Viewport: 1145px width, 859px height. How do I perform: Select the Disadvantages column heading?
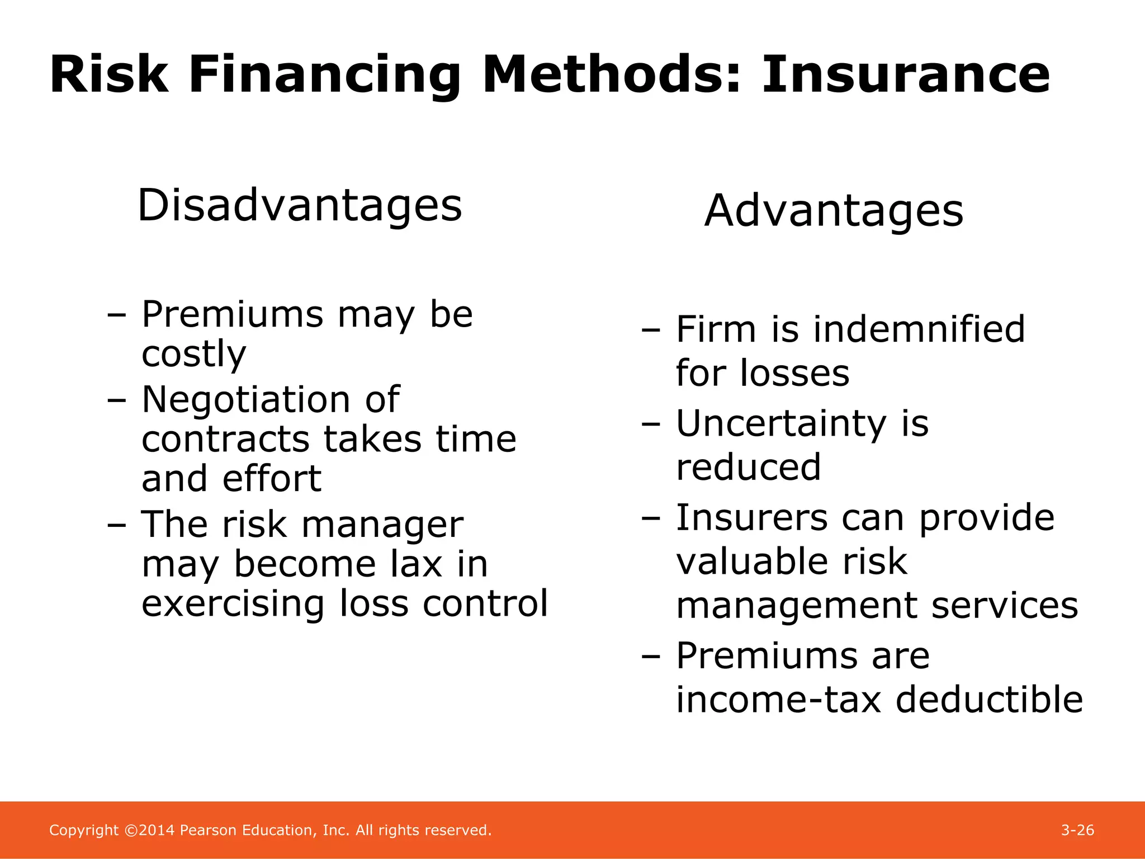(300, 205)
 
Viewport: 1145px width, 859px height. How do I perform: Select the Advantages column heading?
(834, 211)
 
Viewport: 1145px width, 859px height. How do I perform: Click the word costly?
(193, 354)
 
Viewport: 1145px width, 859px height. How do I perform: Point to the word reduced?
(749, 467)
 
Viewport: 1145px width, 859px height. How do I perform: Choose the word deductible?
(989, 700)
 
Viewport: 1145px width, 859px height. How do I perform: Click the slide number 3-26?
(1077, 830)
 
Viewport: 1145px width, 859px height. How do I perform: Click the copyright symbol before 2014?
(131, 830)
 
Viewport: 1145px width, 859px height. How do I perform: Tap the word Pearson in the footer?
(209, 830)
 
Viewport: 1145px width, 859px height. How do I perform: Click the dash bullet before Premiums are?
(651, 657)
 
